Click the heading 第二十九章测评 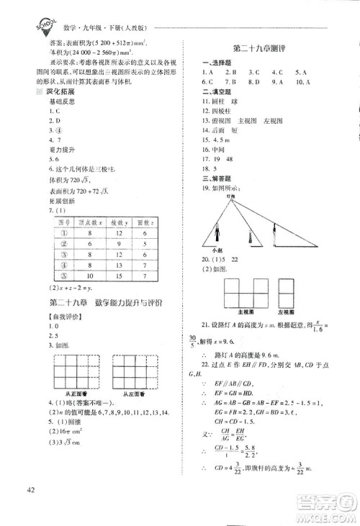[257, 48]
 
